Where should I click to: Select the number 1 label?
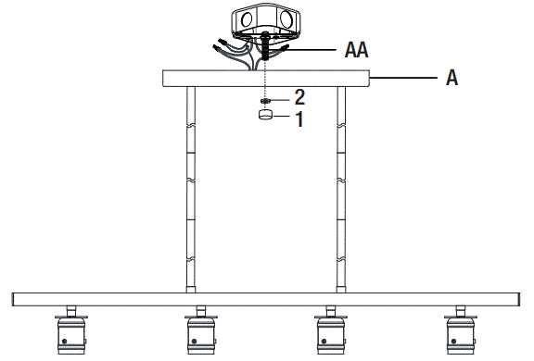(x=299, y=118)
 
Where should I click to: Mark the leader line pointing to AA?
(x=311, y=46)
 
